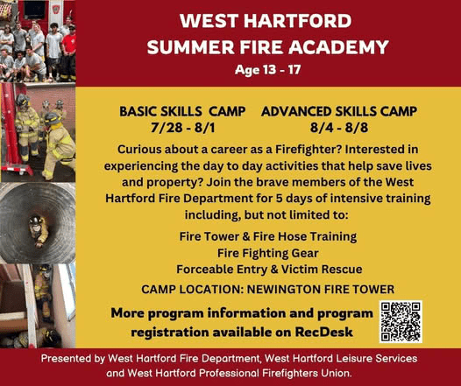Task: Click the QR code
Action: (401, 321)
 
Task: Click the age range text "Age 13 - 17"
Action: (267, 70)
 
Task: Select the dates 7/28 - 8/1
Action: (182, 128)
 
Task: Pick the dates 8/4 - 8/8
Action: (338, 128)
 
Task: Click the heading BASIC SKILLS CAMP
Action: (182, 111)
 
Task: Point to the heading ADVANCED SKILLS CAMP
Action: (339, 111)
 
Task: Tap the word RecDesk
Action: (323, 332)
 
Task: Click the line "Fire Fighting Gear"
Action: (268, 253)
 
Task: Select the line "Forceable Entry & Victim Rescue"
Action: (269, 270)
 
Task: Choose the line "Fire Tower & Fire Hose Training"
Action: (268, 236)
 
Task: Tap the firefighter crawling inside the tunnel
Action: (39, 230)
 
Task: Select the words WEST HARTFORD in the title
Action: (266, 21)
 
